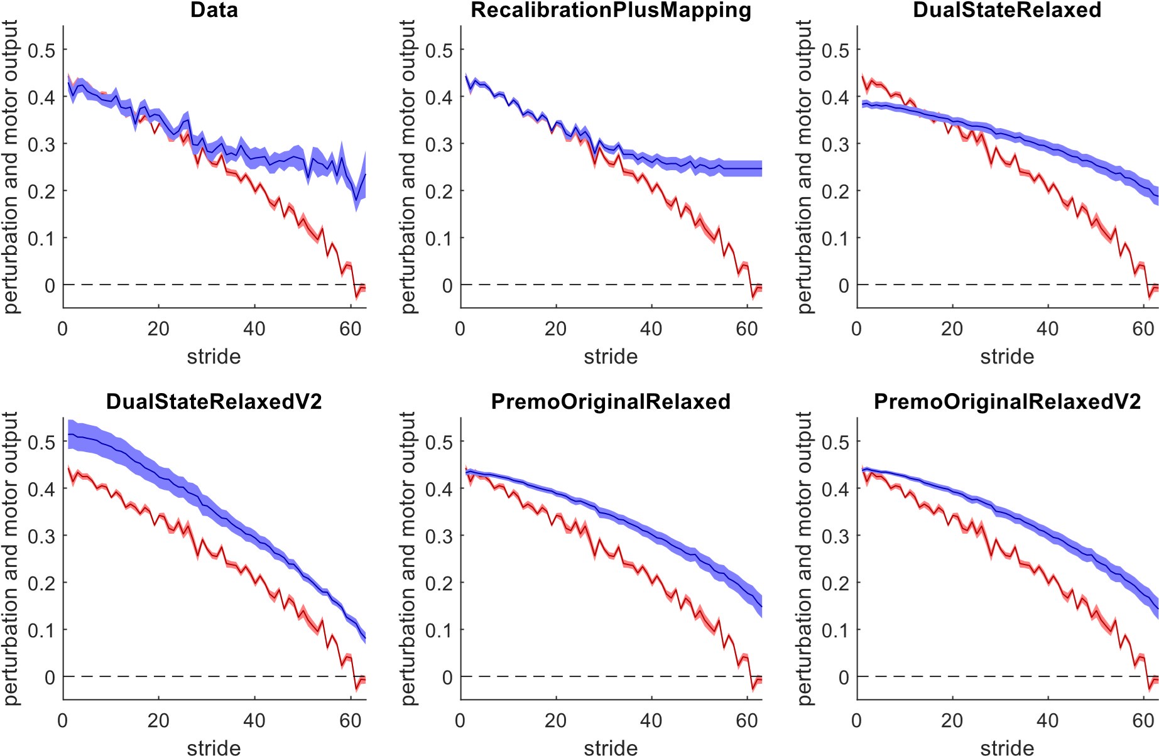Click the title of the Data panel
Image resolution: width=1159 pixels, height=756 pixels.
click(x=214, y=10)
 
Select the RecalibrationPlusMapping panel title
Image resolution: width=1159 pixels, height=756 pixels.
click(x=611, y=10)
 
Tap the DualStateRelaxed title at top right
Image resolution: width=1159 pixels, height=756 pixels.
click(x=1006, y=10)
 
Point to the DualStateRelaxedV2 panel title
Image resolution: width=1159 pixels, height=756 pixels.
click(x=214, y=401)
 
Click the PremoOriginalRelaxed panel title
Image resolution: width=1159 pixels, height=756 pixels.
click(x=611, y=401)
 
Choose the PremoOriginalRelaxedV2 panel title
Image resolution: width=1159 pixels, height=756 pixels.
click(x=1007, y=401)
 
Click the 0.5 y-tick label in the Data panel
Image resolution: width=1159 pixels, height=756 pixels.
click(x=41, y=50)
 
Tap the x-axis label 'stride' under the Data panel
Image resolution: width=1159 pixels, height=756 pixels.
click(x=214, y=357)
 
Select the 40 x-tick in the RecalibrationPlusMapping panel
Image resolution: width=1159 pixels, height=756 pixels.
click(x=651, y=328)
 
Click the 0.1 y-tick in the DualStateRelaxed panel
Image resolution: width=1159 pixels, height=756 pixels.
click(x=835, y=239)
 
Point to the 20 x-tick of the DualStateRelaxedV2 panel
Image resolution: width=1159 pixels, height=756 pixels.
click(x=158, y=720)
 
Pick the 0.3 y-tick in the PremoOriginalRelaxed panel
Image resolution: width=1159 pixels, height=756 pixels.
click(x=438, y=536)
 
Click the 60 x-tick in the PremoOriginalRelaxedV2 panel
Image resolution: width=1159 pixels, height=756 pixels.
click(x=1143, y=720)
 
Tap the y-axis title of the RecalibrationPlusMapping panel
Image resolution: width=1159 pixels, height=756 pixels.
click(x=408, y=166)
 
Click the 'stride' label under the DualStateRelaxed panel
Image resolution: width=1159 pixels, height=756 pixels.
click(x=1007, y=357)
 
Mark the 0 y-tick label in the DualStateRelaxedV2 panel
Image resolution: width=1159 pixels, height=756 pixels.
click(x=50, y=678)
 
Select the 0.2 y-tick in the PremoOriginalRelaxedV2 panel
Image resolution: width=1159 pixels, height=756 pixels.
click(x=835, y=583)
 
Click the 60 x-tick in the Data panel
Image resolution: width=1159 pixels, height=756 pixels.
click(x=350, y=328)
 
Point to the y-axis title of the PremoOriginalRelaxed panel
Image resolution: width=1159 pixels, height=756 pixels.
click(x=408, y=558)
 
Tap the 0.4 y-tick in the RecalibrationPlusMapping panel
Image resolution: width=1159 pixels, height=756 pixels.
click(x=438, y=97)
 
